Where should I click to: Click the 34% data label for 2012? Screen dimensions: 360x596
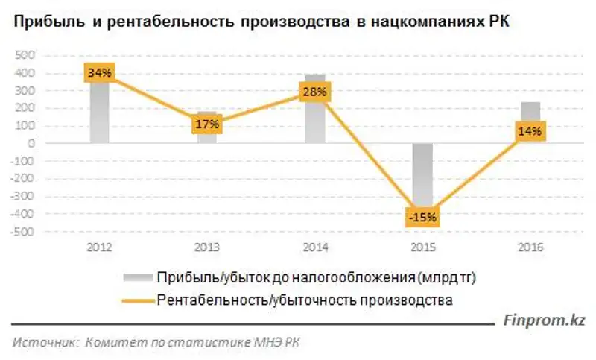[98, 73]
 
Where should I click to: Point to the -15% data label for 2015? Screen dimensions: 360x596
[422, 218]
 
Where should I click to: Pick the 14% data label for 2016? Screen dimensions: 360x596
[531, 131]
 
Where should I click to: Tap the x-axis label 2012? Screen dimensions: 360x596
[99, 247]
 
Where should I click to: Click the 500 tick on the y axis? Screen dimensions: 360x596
[25, 56]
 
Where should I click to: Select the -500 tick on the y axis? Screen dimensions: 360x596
[23, 232]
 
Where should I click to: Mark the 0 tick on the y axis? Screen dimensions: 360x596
[31, 144]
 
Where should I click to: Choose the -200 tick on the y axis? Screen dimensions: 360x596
[23, 179]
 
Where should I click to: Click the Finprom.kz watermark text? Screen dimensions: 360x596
[545, 320]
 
